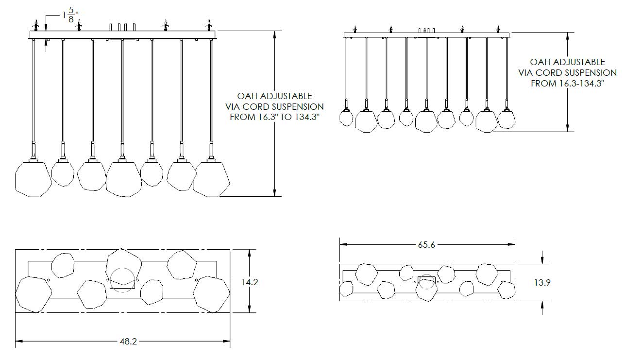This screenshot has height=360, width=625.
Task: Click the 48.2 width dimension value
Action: [x=128, y=342]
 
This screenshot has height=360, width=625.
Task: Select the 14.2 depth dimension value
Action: [x=250, y=282]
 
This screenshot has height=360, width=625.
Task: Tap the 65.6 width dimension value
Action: [x=426, y=245]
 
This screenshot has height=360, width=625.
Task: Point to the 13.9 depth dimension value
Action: [x=542, y=283]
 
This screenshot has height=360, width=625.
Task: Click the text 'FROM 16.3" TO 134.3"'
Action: [x=274, y=117]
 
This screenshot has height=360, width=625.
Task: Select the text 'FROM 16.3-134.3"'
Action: [x=567, y=84]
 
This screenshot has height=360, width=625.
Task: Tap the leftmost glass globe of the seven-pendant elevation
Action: [x=33, y=179]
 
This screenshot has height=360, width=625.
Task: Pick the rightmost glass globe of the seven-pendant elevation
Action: [x=211, y=179]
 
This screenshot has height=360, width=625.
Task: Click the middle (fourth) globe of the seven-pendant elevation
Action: [x=124, y=179]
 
